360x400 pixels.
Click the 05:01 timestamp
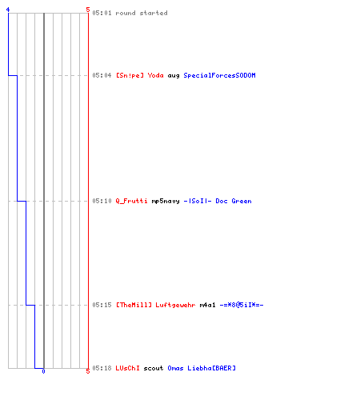point(102,13)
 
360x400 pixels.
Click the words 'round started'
point(142,13)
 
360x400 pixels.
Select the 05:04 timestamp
point(102,75)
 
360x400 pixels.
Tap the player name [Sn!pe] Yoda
point(140,75)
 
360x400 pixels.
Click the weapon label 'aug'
point(174,76)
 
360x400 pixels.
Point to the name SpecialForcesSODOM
point(219,75)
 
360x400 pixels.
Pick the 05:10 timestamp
point(102,201)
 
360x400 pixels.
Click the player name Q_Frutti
point(131,201)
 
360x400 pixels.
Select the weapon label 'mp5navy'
point(166,201)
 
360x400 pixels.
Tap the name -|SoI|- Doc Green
point(218,201)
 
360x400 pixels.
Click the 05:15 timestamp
point(102,305)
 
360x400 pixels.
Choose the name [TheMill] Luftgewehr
point(155,305)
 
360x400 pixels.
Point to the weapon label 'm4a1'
point(207,305)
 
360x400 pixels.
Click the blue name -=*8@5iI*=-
point(242,305)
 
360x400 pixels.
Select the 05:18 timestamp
point(102,368)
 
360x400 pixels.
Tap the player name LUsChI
point(127,368)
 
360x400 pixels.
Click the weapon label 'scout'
point(154,368)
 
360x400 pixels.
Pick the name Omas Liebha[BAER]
point(202,368)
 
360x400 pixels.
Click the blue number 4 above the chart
point(8,10)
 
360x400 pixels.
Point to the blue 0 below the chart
point(43,371)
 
